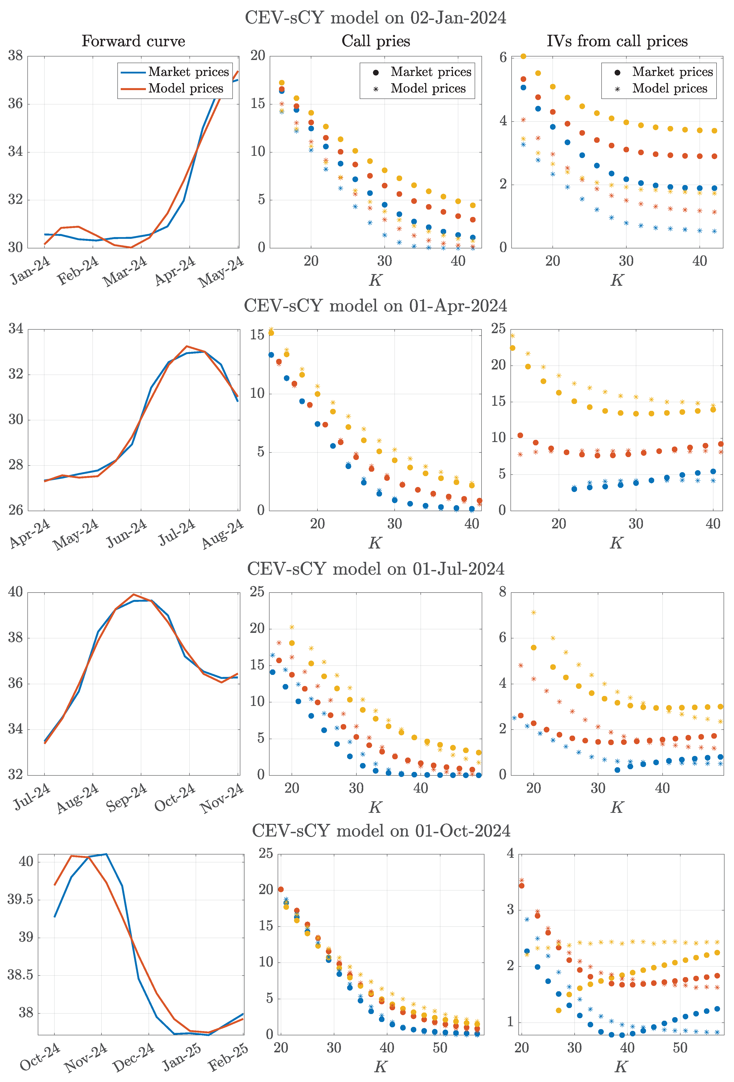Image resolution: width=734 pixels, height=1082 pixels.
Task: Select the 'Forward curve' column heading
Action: click(x=134, y=41)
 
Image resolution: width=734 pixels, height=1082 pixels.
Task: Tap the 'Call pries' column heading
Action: click(x=376, y=41)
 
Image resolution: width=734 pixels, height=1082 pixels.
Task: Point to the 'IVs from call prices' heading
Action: click(x=617, y=41)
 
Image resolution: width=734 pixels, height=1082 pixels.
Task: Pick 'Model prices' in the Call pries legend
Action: click(x=428, y=89)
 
